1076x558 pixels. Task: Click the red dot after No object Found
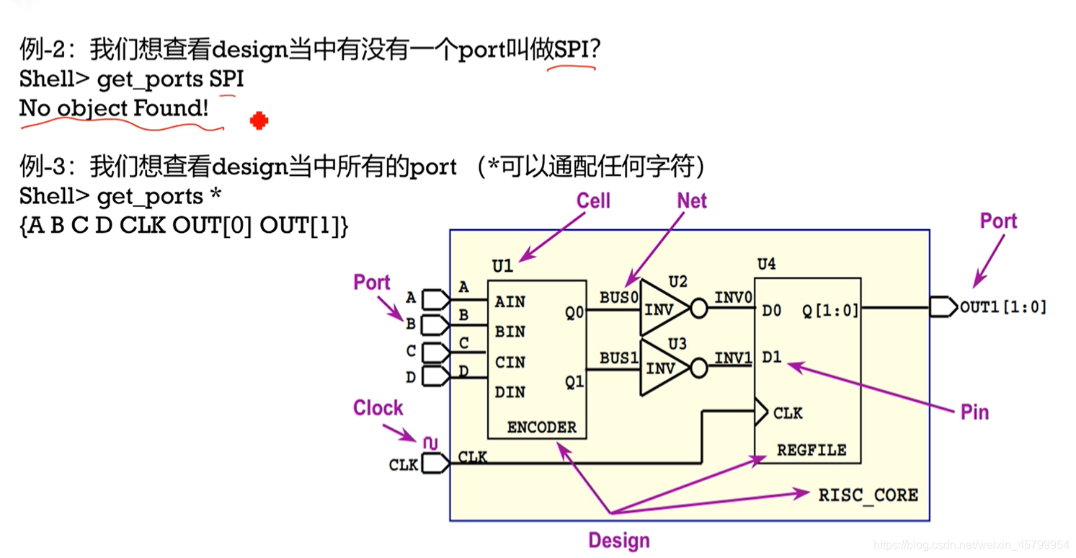pyautogui.click(x=259, y=121)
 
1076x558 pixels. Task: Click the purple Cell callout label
pyautogui.click(x=593, y=201)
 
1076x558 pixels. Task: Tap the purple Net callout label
pyautogui.click(x=691, y=201)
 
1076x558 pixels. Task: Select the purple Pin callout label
pyautogui.click(x=974, y=412)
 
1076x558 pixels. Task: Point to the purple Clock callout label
pyautogui.click(x=378, y=408)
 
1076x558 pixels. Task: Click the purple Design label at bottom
pyautogui.click(x=618, y=541)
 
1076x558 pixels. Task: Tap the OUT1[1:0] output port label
pyautogui.click(x=1002, y=307)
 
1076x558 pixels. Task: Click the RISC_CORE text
pyautogui.click(x=868, y=495)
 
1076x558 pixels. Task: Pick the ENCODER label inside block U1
pyautogui.click(x=541, y=427)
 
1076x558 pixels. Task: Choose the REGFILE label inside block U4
pyautogui.click(x=811, y=450)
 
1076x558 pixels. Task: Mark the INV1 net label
pyautogui.click(x=733, y=358)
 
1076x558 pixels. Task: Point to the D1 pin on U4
pyautogui.click(x=771, y=358)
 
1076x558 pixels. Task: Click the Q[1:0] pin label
pyautogui.click(x=830, y=311)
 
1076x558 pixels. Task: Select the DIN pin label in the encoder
pyautogui.click(x=510, y=392)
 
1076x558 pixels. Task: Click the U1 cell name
pyautogui.click(x=502, y=266)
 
